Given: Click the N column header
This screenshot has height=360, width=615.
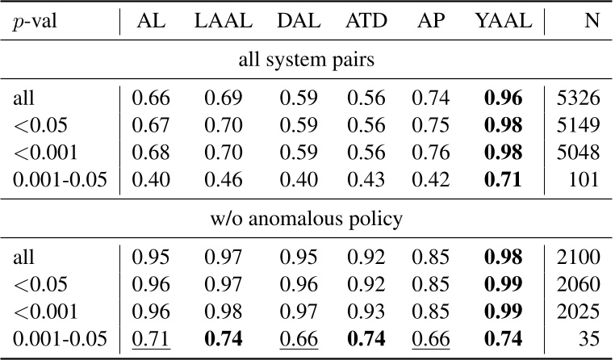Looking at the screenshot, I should (591, 24).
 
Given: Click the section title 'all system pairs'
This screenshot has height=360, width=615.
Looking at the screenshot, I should (307, 61).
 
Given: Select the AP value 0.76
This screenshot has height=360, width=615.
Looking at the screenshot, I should (429, 153).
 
